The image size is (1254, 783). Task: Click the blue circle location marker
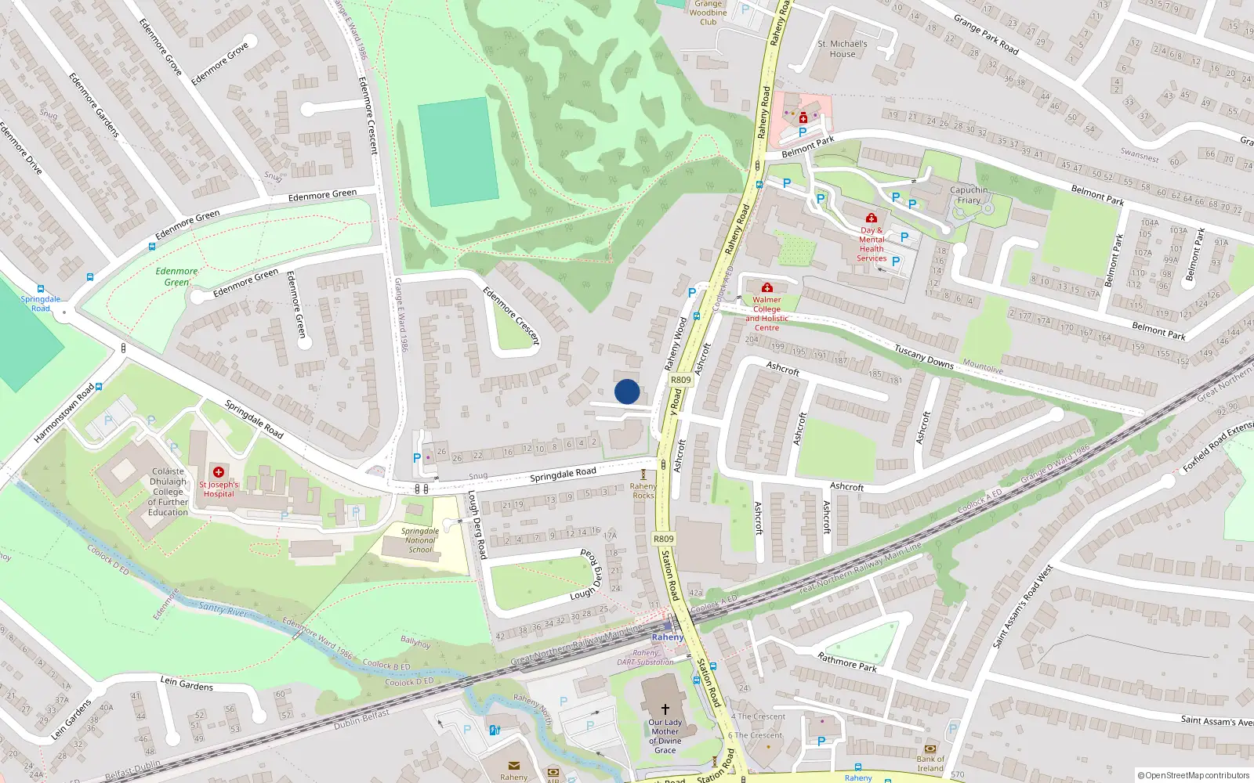pyautogui.click(x=627, y=391)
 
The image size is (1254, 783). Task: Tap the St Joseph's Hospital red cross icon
pyautogui.click(x=219, y=472)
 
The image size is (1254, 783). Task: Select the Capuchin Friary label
pyautogui.click(x=969, y=195)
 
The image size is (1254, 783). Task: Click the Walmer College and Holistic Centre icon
pyautogui.click(x=767, y=288)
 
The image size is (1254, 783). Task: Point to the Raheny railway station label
pyautogui.click(x=668, y=637)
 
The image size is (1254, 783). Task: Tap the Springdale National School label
pyautogui.click(x=420, y=540)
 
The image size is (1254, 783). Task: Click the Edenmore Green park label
pyautogui.click(x=176, y=276)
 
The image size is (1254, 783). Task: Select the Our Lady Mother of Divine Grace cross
pyautogui.click(x=665, y=709)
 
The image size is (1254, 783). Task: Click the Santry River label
pyautogui.click(x=223, y=608)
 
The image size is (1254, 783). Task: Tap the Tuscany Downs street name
pyautogui.click(x=924, y=358)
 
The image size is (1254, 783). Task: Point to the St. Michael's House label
pyautogui.click(x=843, y=49)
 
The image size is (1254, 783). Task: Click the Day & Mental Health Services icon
pyautogui.click(x=871, y=218)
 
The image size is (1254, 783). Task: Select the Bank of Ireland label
pyautogui.click(x=930, y=763)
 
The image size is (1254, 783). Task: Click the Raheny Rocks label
pyautogui.click(x=643, y=491)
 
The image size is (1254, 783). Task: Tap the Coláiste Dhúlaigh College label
pyautogui.click(x=169, y=492)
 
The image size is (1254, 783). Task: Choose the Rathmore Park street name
pyautogui.click(x=847, y=662)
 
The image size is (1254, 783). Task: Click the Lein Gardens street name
pyautogui.click(x=187, y=684)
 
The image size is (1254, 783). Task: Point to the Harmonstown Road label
pyautogui.click(x=64, y=413)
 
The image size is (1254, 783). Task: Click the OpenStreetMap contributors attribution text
pyautogui.click(x=1193, y=776)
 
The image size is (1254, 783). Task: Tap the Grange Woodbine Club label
pyautogui.click(x=709, y=13)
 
